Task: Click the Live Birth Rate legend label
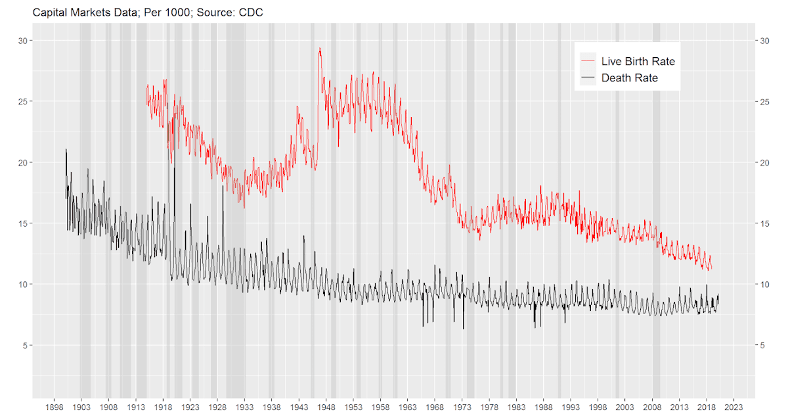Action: click(638, 61)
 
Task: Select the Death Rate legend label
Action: click(629, 78)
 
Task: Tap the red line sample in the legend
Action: click(588, 61)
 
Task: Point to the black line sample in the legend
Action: click(588, 78)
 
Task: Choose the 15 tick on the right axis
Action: click(764, 223)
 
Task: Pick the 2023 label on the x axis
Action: click(733, 407)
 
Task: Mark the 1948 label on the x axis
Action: click(326, 407)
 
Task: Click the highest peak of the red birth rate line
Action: click(320, 48)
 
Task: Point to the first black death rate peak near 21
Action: click(66, 150)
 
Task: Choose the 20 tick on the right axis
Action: click(764, 162)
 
